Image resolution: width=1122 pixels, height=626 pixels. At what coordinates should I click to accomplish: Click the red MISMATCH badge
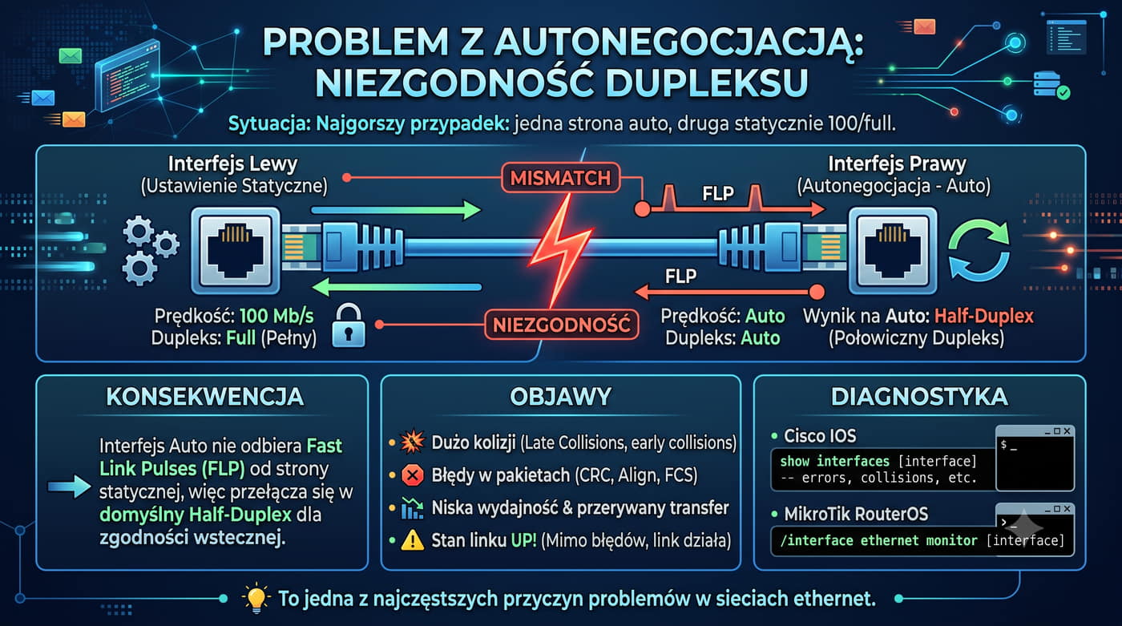point(560,178)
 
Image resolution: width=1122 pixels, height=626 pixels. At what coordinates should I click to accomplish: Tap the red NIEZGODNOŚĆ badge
point(562,325)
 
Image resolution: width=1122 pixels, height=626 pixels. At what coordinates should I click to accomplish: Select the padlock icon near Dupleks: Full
point(349,325)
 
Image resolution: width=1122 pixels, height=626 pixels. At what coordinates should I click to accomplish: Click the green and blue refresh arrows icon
point(979,250)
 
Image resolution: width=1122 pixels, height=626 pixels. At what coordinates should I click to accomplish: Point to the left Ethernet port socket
point(236,251)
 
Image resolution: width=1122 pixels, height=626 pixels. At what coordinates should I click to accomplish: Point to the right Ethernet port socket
point(893,251)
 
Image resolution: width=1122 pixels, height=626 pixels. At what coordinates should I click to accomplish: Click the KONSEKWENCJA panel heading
point(205,397)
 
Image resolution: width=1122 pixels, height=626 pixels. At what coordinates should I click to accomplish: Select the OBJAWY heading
point(560,397)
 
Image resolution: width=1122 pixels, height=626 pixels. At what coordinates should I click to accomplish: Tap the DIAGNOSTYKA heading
point(919,397)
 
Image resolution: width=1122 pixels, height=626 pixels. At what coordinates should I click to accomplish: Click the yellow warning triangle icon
point(413,540)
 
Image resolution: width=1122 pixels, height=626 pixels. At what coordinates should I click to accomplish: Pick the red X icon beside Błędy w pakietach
point(413,475)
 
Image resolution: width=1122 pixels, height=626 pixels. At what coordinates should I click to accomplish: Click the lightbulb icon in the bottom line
point(256,598)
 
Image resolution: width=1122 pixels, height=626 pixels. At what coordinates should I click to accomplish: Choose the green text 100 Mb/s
point(276,316)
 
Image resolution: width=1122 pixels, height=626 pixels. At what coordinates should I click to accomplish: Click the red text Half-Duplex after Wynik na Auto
point(984,316)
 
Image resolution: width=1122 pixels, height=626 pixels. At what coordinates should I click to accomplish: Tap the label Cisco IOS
point(820,436)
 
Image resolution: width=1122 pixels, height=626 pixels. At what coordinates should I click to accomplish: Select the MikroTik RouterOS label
point(856,514)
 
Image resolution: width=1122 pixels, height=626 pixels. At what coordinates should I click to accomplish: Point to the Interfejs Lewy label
point(233,164)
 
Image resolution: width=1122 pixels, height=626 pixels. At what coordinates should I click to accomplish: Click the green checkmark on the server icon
point(1063,93)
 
